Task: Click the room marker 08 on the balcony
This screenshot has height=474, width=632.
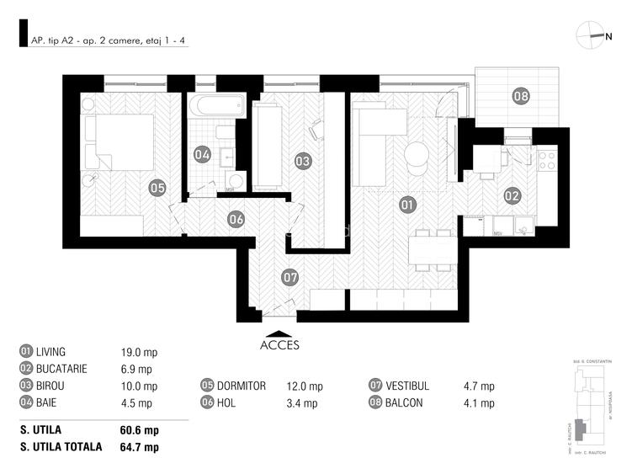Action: point(521,96)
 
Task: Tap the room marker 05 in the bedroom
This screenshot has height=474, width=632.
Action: point(157,188)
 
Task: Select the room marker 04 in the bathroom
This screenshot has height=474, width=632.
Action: point(202,154)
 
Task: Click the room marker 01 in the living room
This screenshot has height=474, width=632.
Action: point(408,204)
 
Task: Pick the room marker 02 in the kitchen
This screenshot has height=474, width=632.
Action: point(513,195)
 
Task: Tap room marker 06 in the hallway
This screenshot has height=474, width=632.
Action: point(236,219)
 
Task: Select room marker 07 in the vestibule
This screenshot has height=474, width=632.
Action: point(289,276)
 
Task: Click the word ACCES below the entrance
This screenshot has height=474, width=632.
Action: point(279,344)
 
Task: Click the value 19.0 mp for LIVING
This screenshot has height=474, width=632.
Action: point(140,352)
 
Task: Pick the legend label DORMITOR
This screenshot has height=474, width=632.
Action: point(241,386)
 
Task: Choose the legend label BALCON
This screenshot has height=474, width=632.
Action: point(405,402)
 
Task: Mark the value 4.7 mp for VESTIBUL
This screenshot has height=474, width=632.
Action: point(479,386)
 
